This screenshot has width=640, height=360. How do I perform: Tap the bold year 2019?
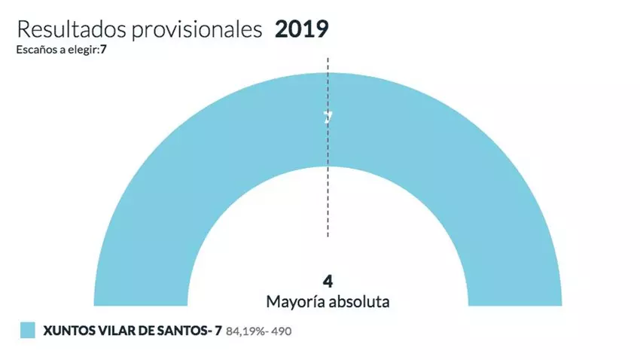301,29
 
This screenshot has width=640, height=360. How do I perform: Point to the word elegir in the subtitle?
78,50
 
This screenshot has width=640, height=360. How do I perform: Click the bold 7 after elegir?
97,50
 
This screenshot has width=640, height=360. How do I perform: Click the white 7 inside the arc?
328,117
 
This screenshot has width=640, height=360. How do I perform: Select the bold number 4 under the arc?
328,281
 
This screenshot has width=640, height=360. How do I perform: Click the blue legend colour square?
28,330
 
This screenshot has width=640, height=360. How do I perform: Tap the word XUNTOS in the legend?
67,330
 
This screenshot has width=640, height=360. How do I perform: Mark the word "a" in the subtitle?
56,50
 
